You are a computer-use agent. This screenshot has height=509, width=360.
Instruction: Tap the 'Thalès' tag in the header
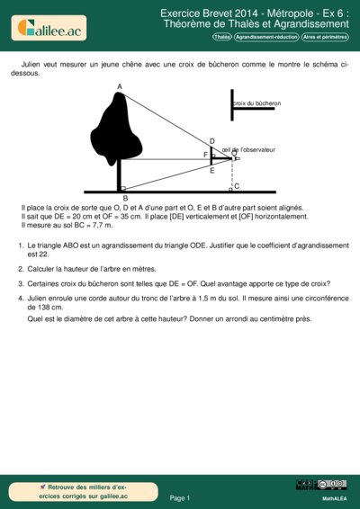[x=221, y=38]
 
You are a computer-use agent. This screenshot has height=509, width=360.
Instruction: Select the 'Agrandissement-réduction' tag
[x=266, y=38]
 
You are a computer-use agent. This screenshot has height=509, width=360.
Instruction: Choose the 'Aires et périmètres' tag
[x=325, y=38]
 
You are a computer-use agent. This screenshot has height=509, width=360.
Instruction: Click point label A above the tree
[x=119, y=86]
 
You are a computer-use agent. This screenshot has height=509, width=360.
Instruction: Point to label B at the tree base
[x=125, y=198]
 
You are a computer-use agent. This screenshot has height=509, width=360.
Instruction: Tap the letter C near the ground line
[x=237, y=185]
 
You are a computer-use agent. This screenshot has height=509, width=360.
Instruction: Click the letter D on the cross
[x=211, y=141]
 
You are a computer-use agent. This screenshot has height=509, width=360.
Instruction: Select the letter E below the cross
[x=211, y=170]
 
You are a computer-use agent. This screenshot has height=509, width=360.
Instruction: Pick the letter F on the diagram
[x=205, y=155]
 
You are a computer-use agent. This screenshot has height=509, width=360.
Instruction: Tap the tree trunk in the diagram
[x=119, y=177]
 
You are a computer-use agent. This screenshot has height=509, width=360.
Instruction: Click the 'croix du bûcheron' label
[x=257, y=104]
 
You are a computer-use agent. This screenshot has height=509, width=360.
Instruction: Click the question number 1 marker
[x=21, y=245]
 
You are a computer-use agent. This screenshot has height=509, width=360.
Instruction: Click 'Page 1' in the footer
[x=179, y=497]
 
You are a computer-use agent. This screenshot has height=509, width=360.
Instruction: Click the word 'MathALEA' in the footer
[x=334, y=497]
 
